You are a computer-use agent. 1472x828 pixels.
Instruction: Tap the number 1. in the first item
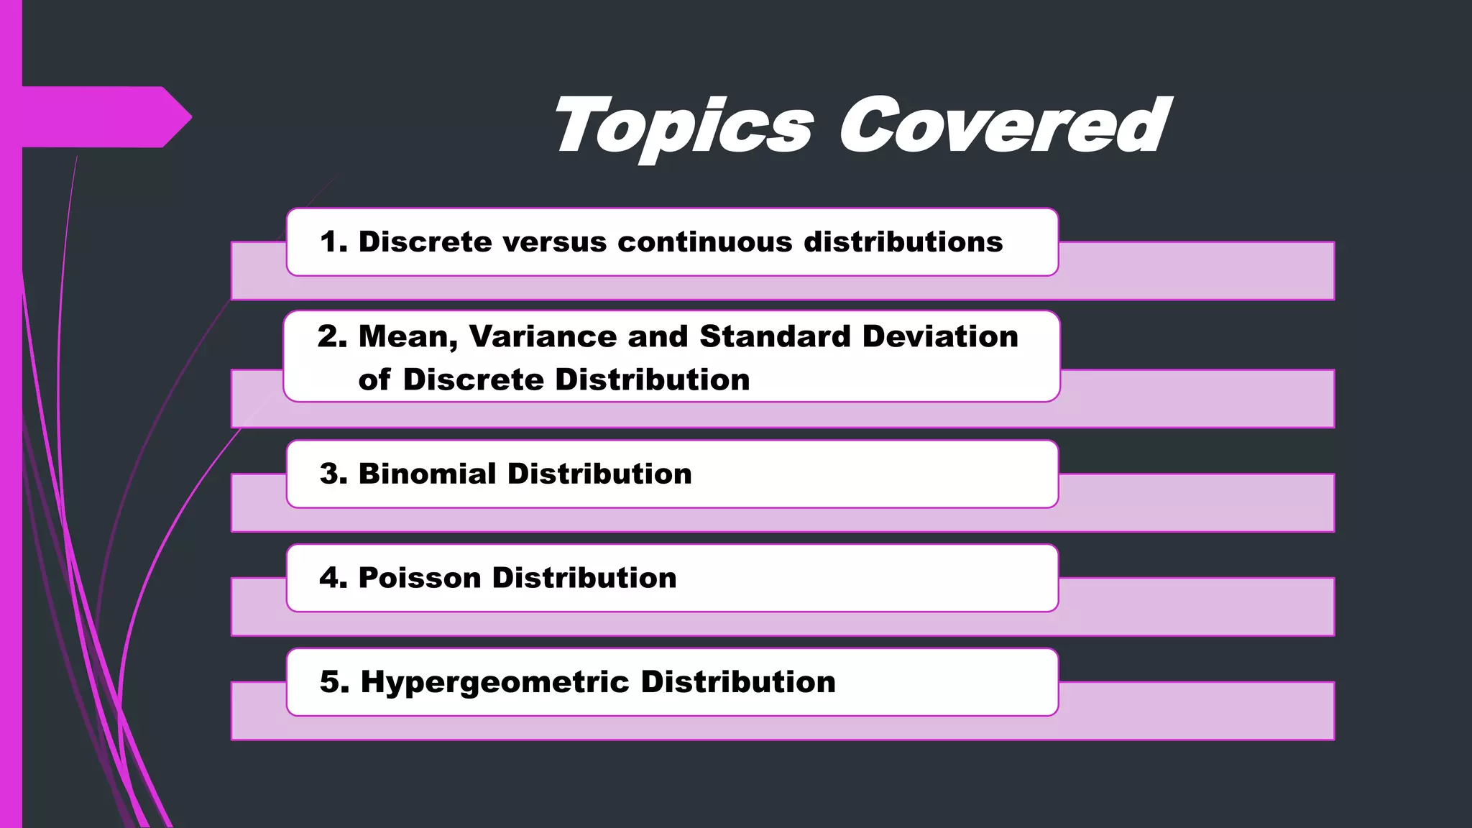pyautogui.click(x=333, y=241)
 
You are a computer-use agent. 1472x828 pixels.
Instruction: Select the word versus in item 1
pyautogui.click(x=555, y=242)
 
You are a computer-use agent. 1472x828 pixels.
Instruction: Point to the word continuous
pyautogui.click(x=705, y=242)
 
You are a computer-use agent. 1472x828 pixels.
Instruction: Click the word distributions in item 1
pyautogui.click(x=903, y=242)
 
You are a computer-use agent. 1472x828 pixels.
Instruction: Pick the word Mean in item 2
pyautogui.click(x=408, y=337)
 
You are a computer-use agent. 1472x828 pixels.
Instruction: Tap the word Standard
pyautogui.click(x=775, y=336)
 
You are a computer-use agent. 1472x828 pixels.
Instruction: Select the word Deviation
pyautogui.click(x=940, y=336)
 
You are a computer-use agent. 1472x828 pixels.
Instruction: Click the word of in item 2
pyautogui.click(x=374, y=379)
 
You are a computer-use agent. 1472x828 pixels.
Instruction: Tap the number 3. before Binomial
pyautogui.click(x=333, y=474)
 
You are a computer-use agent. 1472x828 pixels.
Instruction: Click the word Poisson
pyautogui.click(x=419, y=578)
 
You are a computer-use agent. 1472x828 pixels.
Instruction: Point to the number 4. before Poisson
pyautogui.click(x=333, y=578)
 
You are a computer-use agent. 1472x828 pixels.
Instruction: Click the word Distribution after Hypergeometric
pyautogui.click(x=738, y=682)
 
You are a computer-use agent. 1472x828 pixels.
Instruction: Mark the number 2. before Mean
pyautogui.click(x=332, y=336)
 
